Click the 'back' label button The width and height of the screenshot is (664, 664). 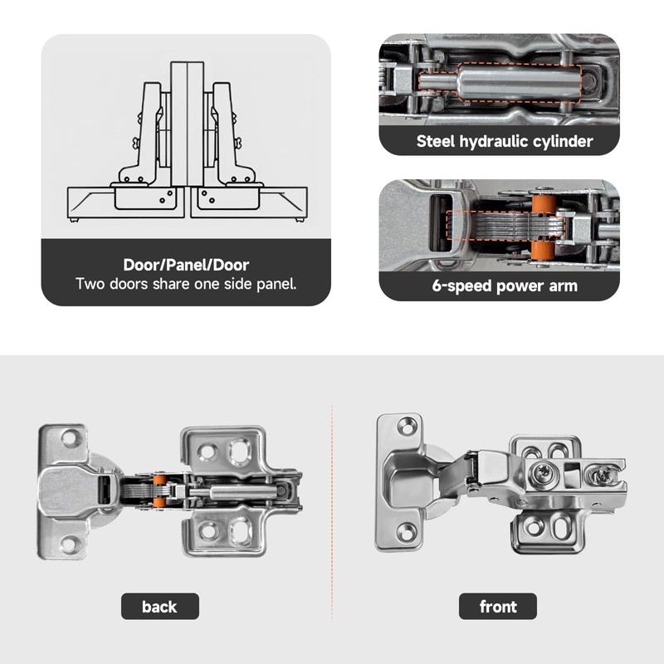[x=159, y=607]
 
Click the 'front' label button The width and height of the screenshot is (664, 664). [x=498, y=607]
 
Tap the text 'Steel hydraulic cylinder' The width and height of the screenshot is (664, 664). [x=505, y=141]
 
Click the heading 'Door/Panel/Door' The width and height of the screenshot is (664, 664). [x=186, y=266]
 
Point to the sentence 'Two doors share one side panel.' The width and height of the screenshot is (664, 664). [x=186, y=284]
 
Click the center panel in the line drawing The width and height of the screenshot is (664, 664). [x=187, y=133]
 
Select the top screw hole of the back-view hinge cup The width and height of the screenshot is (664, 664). [x=70, y=436]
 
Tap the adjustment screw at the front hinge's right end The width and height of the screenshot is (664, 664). [x=600, y=476]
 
